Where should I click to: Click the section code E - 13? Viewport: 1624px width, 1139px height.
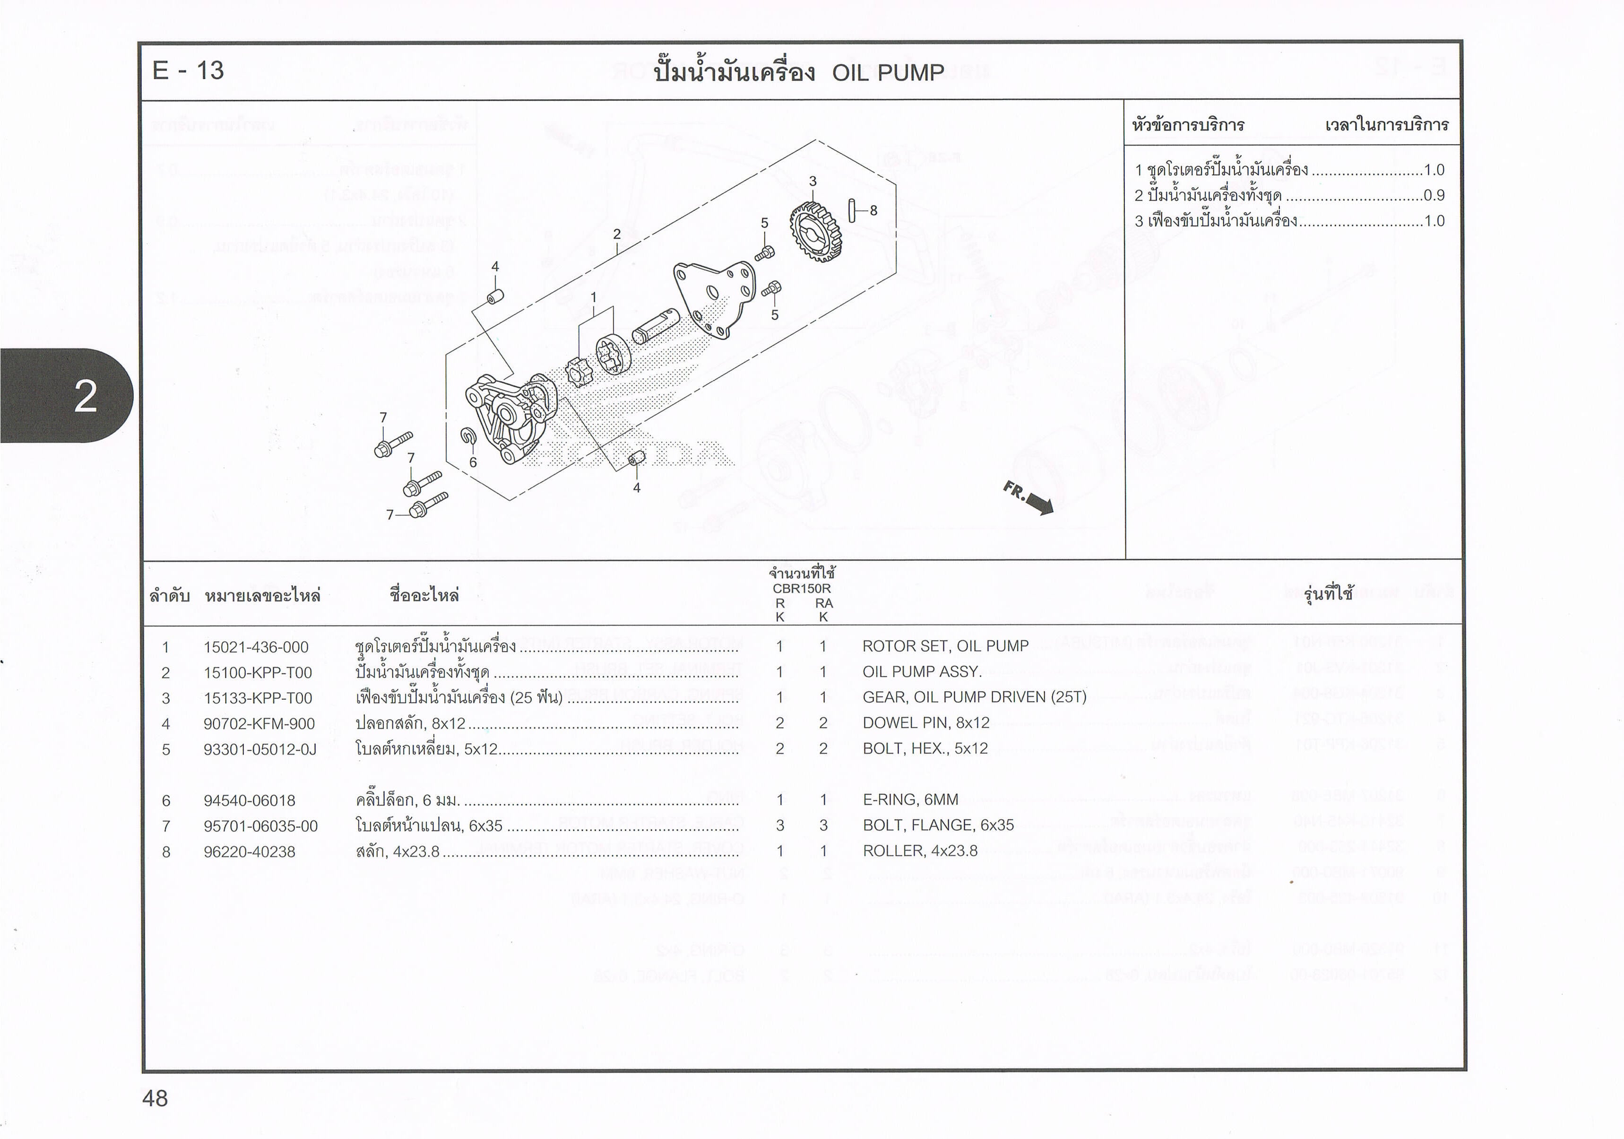[x=188, y=71]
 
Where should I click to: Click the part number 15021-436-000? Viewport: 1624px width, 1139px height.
[x=256, y=647]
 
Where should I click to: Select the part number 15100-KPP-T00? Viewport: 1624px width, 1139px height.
[x=258, y=672]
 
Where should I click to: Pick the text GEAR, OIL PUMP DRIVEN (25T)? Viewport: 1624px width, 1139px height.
[x=974, y=697]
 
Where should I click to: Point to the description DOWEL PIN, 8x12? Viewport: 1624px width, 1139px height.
[x=925, y=722]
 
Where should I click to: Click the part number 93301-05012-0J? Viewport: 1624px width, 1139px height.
[x=259, y=748]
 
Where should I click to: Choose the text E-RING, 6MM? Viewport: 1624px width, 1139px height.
[x=910, y=800]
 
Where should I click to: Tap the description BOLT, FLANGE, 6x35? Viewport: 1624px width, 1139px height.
[x=938, y=825]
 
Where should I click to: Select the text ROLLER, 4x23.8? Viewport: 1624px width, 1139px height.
[x=919, y=851]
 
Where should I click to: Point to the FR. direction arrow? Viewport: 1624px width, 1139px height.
[x=1028, y=497]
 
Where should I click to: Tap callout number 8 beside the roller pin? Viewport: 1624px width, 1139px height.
[x=873, y=210]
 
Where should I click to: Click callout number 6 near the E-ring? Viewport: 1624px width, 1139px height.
[x=473, y=462]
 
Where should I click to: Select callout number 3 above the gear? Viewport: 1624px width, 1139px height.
[x=812, y=181]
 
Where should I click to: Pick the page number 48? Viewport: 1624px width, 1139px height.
[x=155, y=1098]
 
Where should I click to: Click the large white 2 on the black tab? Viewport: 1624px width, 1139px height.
[x=86, y=396]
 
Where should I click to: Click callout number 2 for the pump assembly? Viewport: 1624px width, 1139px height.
[x=617, y=234]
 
